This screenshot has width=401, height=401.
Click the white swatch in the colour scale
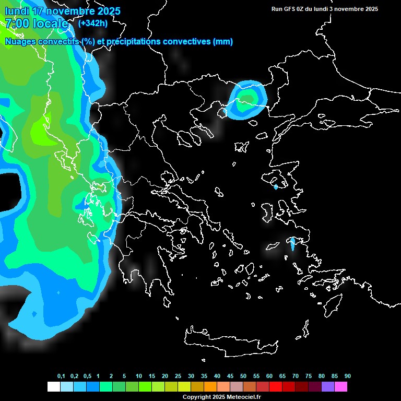53,386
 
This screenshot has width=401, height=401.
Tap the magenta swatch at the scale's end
341,386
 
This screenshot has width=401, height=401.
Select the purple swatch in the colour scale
328,386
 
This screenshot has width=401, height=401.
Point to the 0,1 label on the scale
61,376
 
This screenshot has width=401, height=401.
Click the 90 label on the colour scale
348,376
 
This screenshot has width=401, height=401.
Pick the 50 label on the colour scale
243,376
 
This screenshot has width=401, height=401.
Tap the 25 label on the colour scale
178,376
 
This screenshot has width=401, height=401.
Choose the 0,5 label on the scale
87,376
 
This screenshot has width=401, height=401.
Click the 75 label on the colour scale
309,376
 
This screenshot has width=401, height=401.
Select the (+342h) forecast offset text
92,23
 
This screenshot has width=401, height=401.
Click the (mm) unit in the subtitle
223,42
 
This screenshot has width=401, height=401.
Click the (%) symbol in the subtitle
88,42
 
